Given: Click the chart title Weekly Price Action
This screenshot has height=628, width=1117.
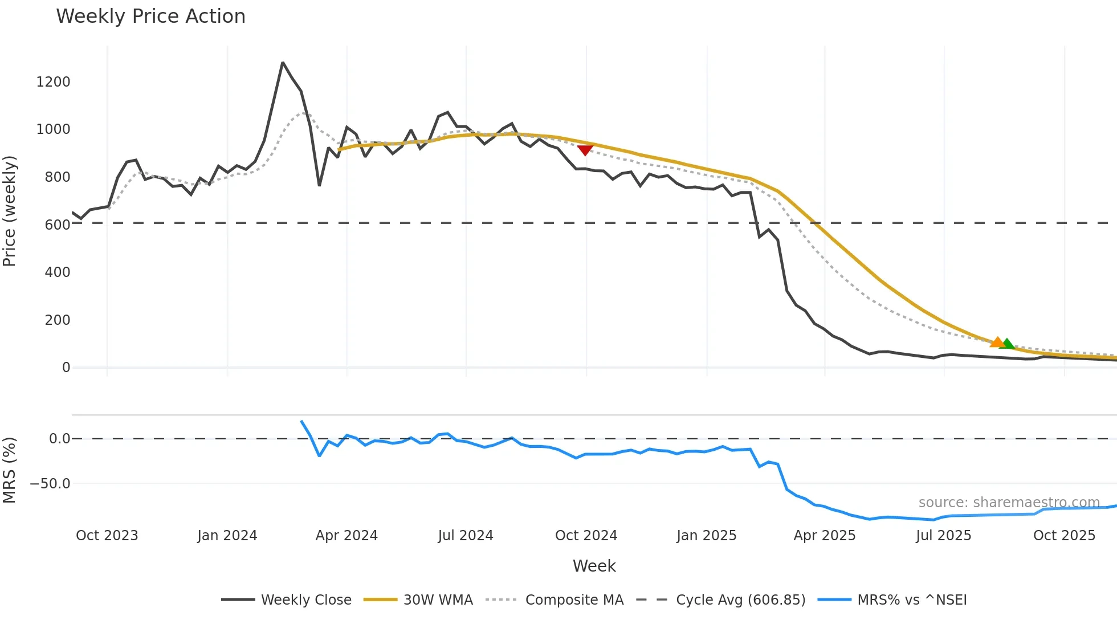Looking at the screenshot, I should pyautogui.click(x=150, y=17).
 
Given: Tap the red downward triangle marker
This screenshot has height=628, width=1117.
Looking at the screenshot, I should pyautogui.click(x=585, y=150).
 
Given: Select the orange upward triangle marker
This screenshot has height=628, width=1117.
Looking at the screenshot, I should pyautogui.click(x=997, y=342).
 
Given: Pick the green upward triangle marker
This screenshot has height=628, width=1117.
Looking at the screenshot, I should pyautogui.click(x=1008, y=344).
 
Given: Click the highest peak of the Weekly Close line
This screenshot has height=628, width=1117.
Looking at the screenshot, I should pyautogui.click(x=283, y=63).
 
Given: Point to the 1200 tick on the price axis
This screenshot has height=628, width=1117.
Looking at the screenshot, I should pyautogui.click(x=53, y=82).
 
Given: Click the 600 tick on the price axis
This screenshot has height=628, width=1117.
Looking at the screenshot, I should pyautogui.click(x=57, y=225).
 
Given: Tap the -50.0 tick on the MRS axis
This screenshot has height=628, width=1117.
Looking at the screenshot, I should pyautogui.click(x=50, y=484).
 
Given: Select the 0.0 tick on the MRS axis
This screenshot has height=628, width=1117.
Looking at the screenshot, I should pyautogui.click(x=59, y=439).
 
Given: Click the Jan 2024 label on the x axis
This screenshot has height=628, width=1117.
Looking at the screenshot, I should pyautogui.click(x=227, y=536).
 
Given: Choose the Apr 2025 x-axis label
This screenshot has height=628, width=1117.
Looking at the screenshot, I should pyautogui.click(x=824, y=536).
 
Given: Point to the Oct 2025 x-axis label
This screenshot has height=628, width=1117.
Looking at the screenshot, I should pyautogui.click(x=1064, y=536).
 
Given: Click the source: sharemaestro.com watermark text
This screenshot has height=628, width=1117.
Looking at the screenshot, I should pyautogui.click(x=1009, y=503).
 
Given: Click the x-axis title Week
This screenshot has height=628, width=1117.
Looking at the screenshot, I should pyautogui.click(x=594, y=566).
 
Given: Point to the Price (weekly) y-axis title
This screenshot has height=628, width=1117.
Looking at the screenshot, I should pyautogui.click(x=10, y=211).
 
